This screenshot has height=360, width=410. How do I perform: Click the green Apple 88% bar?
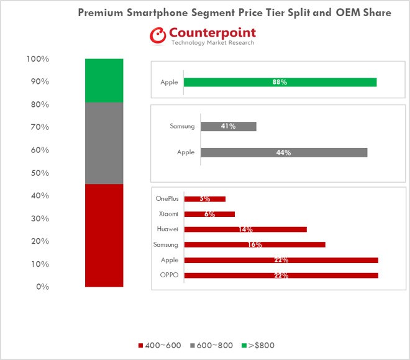pos(280,82)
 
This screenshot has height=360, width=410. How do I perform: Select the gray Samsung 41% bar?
pos(228,126)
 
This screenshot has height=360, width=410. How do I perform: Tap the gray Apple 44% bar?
pos(284,152)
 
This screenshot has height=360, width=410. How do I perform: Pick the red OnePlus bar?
pos(204,199)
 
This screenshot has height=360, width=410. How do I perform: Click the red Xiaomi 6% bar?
pos(209,214)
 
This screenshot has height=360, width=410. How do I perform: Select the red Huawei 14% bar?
pos(245,229)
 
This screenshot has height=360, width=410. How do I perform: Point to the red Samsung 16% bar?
pos(255,244)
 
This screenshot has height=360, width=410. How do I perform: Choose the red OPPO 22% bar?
pos(281,275)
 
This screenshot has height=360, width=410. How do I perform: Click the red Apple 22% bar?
pos(281,260)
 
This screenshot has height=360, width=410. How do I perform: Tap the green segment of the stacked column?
pos(104,80)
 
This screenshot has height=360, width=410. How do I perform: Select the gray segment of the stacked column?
pos(104,143)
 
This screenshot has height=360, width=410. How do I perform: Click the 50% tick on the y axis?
pos(39,173)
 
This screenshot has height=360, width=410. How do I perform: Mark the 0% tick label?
pos(42,287)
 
